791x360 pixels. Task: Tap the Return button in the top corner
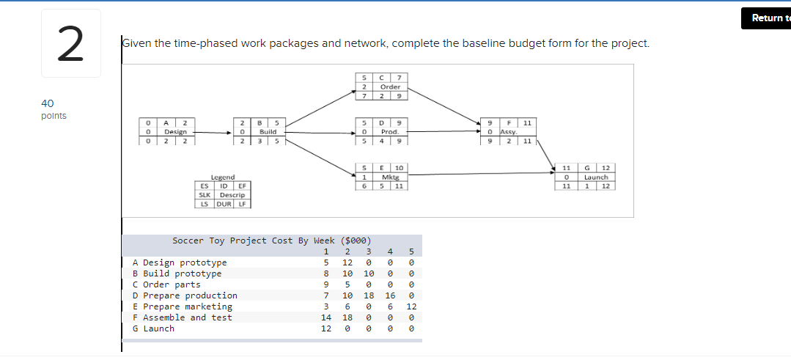tap(766, 18)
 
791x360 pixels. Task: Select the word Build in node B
tap(268, 131)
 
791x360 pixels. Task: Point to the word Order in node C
tap(390, 87)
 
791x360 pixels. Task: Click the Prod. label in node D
tap(390, 131)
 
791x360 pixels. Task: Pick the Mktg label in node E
tap(390, 177)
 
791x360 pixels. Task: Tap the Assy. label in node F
tap(509, 131)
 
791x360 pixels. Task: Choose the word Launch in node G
tap(596, 177)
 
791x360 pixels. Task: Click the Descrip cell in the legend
tap(232, 194)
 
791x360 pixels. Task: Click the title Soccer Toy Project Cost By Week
tap(271, 240)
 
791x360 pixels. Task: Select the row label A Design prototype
tap(180, 262)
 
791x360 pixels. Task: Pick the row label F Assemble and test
tap(182, 317)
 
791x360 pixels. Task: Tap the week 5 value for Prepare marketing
tap(411, 306)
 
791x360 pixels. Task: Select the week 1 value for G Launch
tap(326, 328)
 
